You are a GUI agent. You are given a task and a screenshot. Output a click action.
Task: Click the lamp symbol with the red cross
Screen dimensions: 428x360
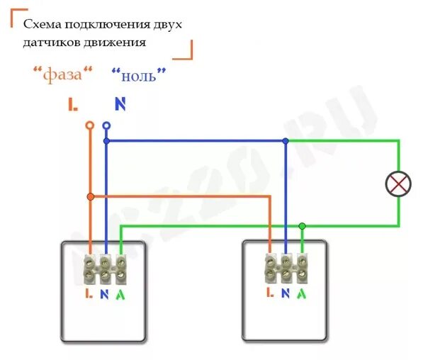tap(398, 184)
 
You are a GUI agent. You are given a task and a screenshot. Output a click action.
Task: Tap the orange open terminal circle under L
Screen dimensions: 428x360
tap(89, 125)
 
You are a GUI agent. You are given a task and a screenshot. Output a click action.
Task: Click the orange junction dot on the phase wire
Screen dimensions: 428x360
tap(90, 196)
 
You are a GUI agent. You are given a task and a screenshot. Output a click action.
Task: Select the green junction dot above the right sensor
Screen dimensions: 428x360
tap(303, 226)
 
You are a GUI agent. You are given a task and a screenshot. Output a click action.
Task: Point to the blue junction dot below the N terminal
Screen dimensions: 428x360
tap(106, 141)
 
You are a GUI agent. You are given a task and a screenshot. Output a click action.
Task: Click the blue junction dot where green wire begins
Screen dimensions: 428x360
tap(286, 141)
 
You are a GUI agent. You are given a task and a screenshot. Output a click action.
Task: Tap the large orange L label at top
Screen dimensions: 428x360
tap(73, 105)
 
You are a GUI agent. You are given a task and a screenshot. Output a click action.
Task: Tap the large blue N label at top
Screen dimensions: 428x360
tap(120, 104)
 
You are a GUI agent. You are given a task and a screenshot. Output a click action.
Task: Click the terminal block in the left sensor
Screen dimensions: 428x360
tap(105, 267)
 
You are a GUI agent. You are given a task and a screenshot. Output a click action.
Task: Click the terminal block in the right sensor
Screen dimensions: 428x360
tap(286, 267)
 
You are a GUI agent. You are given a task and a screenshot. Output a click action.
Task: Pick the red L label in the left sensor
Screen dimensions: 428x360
tap(88, 293)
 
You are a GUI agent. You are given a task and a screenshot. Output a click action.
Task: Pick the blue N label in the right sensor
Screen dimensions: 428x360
tap(286, 293)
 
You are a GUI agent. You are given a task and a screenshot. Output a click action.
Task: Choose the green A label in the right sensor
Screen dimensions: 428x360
tap(303, 293)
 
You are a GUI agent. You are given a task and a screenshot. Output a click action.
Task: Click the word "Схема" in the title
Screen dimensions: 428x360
tap(41, 25)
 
